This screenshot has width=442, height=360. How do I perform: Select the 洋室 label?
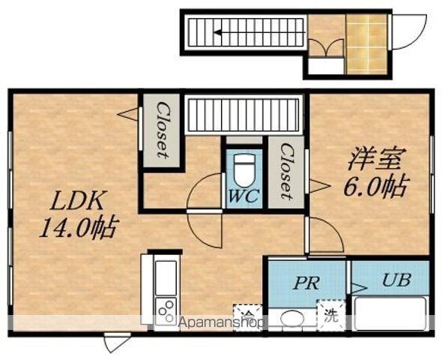[377, 160]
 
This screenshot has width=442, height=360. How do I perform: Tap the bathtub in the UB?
[390, 313]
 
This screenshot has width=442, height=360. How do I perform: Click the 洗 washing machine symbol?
[330, 316]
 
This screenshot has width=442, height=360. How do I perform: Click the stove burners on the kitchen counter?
[166, 308]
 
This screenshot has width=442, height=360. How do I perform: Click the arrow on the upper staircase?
[218, 32]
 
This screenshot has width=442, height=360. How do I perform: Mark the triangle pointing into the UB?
[357, 288]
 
